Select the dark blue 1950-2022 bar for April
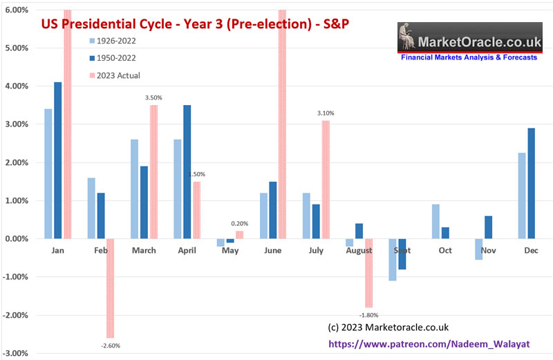(x=187, y=171)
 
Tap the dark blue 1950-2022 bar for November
(x=489, y=227)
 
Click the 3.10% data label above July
(x=326, y=113)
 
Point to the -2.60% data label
(x=110, y=345)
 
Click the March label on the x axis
(x=144, y=250)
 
